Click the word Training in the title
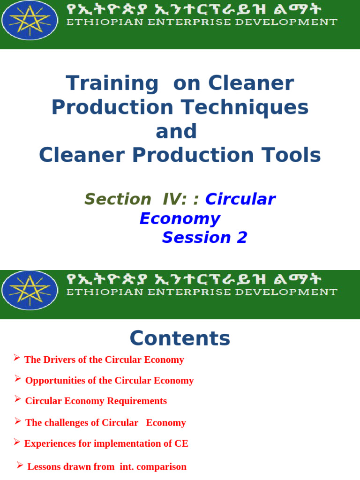(112, 83)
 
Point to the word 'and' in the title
(176, 132)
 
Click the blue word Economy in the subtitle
(180, 218)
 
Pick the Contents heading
(180, 338)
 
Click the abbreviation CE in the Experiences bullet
(181, 443)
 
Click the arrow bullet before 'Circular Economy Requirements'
(17, 399)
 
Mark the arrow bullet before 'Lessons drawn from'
(20, 465)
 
